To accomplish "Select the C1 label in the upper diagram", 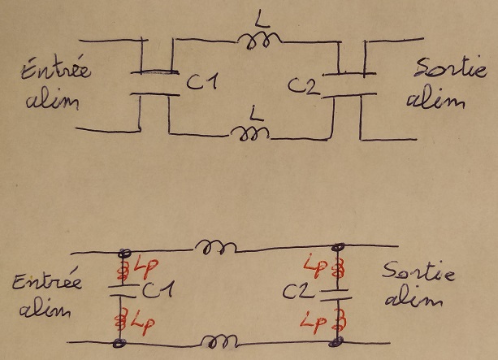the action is tap(202, 81).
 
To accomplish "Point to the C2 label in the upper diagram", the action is tap(304, 85).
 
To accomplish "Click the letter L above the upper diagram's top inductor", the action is tap(262, 22).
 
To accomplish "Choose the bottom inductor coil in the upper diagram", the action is tap(250, 133).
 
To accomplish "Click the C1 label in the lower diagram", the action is tap(158, 290).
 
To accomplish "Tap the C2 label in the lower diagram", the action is tap(298, 292).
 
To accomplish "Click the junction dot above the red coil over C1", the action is tap(124, 254).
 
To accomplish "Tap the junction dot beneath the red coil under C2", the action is tap(336, 342).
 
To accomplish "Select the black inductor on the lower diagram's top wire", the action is tap(215, 247).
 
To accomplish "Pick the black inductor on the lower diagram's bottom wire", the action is tap(219, 341).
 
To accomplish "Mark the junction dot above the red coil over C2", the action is tap(338, 246).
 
